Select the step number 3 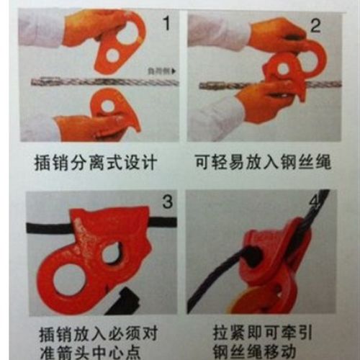click(166, 203)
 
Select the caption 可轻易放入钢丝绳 click(262, 159)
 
